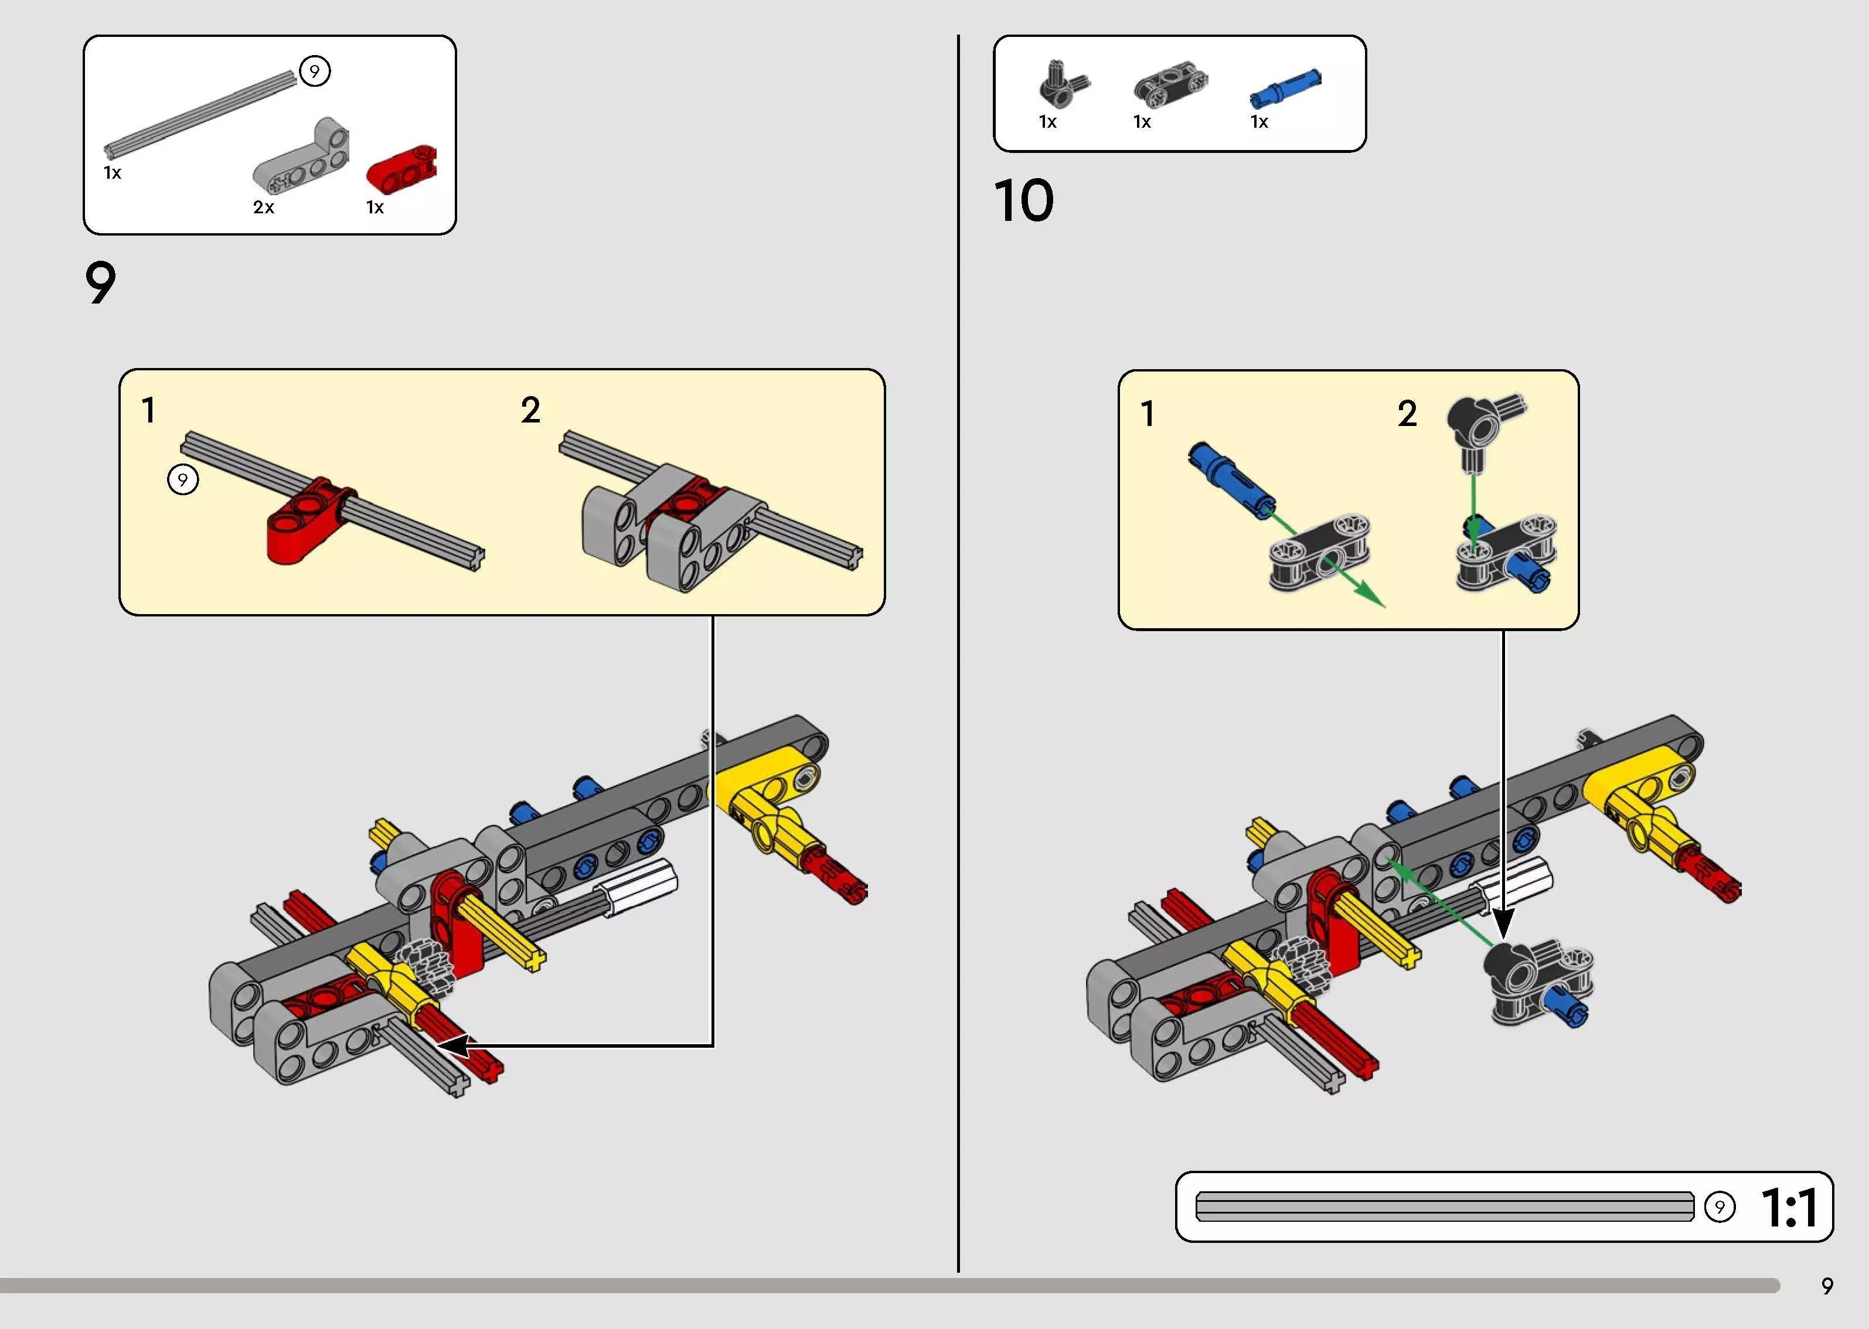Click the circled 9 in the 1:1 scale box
coord(1719,1207)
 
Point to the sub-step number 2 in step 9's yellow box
coord(530,410)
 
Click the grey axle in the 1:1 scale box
coord(1444,1207)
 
